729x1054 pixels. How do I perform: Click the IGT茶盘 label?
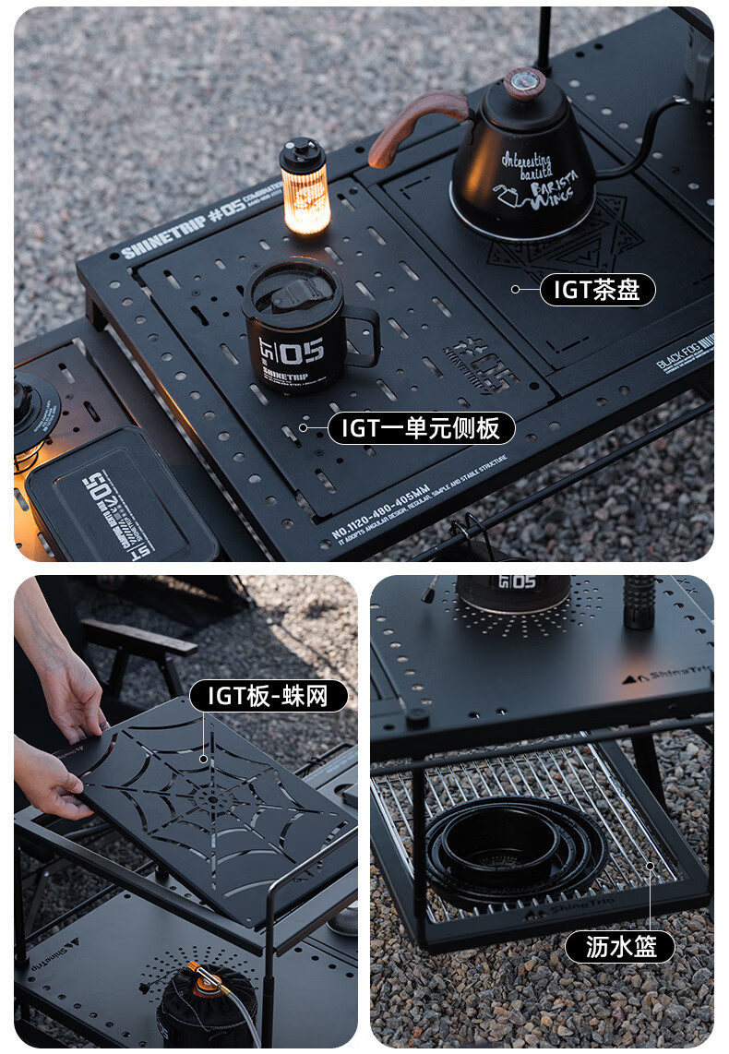click(596, 290)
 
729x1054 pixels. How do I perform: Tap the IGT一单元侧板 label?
click(421, 428)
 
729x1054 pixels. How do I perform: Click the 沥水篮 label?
click(618, 946)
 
